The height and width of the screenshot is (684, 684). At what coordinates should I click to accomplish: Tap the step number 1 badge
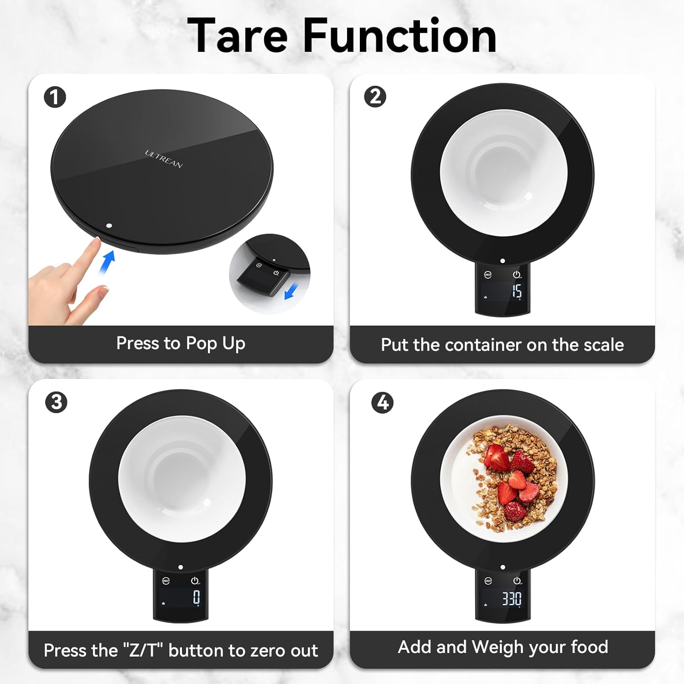point(55,97)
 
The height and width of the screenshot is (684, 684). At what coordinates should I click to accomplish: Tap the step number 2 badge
point(375,97)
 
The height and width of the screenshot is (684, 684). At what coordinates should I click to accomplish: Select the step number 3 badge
point(56,402)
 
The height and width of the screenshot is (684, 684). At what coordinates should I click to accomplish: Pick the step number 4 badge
point(383,402)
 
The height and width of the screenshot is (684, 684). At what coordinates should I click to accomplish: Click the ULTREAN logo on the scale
point(164,159)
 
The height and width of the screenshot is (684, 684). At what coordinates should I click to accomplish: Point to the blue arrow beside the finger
point(107,263)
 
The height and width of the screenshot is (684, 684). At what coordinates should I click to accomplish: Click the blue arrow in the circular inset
point(291,291)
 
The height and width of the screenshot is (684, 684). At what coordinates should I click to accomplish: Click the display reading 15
point(516,291)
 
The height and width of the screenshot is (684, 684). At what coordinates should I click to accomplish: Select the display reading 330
point(512,598)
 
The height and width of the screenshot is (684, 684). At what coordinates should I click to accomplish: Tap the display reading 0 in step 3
point(196,597)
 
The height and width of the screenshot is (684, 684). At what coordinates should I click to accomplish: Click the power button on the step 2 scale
point(517,275)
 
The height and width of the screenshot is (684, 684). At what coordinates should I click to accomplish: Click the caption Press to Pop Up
point(181,343)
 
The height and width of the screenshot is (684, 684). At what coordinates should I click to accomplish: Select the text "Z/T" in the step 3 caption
point(143,651)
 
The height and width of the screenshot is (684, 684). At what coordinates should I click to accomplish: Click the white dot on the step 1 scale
point(109,225)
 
